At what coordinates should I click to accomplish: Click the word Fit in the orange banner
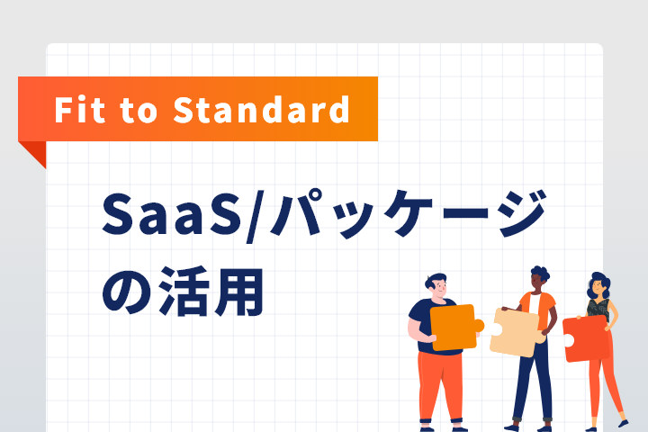tap(80, 110)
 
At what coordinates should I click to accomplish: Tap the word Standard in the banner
tap(261, 110)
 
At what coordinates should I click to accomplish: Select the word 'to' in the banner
tap(139, 111)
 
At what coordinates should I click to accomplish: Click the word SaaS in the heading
tap(172, 213)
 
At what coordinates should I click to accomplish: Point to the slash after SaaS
tap(254, 216)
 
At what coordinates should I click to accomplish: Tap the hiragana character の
tap(127, 292)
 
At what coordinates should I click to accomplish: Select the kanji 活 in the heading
tap(184, 292)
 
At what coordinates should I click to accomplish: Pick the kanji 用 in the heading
tap(238, 292)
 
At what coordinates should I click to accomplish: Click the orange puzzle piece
tap(454, 327)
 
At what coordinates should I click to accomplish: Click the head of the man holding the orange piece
tap(436, 284)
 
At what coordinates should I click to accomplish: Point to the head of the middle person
tap(538, 278)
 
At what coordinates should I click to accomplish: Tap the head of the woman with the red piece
tap(598, 284)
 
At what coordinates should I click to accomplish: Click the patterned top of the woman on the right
tap(598, 309)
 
